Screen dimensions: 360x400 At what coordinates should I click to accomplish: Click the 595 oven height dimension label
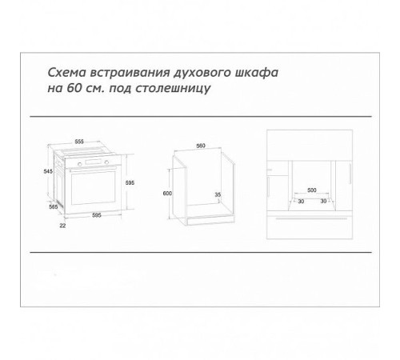point(142,183)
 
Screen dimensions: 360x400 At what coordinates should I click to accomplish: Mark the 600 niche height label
point(167,194)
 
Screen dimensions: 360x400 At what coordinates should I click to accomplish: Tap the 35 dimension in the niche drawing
point(218,194)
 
